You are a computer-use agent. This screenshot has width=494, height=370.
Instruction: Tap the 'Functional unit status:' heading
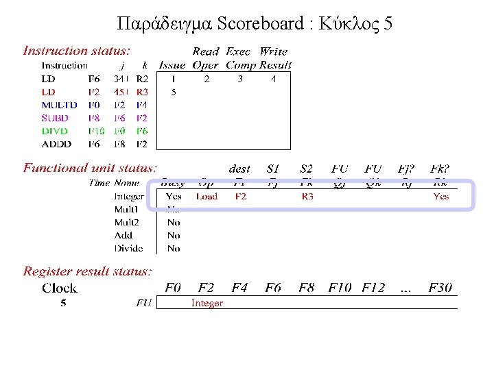pyautogui.click(x=90, y=168)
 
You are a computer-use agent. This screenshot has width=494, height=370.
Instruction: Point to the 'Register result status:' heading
pyautogui.click(x=87, y=271)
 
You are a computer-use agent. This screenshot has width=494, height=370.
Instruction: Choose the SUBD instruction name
pyautogui.click(x=55, y=118)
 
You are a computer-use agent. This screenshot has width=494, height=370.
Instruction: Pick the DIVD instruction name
pyautogui.click(x=55, y=131)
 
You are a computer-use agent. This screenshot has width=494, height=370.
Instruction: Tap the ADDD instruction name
pyautogui.click(x=56, y=145)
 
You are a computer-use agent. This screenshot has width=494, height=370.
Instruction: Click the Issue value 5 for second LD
pyautogui.click(x=174, y=92)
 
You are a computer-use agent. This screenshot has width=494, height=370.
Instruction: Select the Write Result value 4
pyautogui.click(x=273, y=79)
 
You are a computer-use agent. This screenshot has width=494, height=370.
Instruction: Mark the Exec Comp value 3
pyautogui.click(x=240, y=79)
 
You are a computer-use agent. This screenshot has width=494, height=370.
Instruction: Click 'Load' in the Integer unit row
pyautogui.click(x=207, y=197)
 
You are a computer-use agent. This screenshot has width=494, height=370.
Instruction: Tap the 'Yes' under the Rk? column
pyautogui.click(x=440, y=197)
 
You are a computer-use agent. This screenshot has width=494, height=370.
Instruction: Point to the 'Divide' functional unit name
pyautogui.click(x=128, y=249)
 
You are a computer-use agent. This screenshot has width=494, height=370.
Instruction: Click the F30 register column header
pyautogui.click(x=440, y=288)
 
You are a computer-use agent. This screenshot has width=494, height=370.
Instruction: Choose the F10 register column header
pyautogui.click(x=340, y=288)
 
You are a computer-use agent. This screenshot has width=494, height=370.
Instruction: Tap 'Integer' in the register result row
pyautogui.click(x=207, y=303)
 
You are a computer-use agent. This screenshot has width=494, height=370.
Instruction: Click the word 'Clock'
pyautogui.click(x=60, y=288)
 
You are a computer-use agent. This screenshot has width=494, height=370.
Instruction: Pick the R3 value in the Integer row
pyautogui.click(x=307, y=197)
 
